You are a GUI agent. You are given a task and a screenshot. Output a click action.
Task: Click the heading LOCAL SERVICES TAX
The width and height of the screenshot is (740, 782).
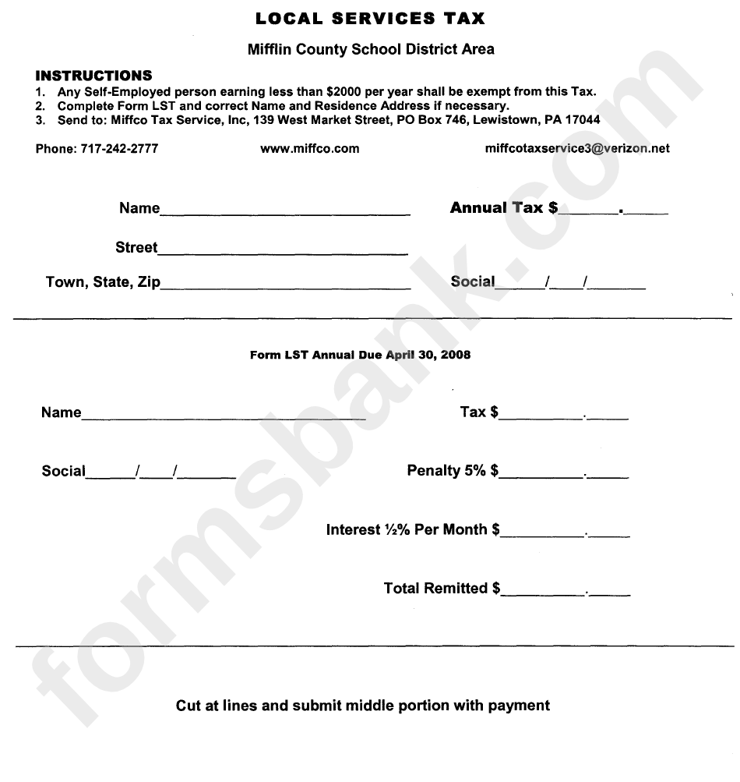click(x=370, y=17)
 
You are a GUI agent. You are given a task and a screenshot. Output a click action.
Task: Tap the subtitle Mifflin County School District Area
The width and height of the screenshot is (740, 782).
click(x=370, y=49)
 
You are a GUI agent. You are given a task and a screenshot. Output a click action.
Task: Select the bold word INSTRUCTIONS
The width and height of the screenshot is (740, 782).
click(x=93, y=76)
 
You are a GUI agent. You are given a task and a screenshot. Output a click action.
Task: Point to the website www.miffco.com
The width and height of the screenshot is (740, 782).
click(x=309, y=148)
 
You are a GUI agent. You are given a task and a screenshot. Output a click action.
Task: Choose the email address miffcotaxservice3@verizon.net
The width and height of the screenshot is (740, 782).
click(x=576, y=148)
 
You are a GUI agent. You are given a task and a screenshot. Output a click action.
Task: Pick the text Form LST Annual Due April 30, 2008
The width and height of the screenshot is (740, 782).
click(x=360, y=355)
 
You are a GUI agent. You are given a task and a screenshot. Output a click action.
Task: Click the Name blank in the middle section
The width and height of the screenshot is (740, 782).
click(x=224, y=414)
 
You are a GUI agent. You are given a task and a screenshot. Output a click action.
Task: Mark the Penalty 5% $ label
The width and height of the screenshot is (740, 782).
click(x=453, y=471)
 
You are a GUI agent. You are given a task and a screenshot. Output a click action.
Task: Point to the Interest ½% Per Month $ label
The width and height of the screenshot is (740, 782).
click(x=412, y=530)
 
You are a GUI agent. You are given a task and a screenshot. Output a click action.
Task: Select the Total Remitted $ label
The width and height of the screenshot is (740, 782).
click(x=442, y=589)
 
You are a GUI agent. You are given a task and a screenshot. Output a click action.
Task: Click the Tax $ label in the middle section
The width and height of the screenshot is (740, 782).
click(x=479, y=412)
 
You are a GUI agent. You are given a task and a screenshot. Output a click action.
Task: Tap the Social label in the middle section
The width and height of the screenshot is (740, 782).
click(x=63, y=471)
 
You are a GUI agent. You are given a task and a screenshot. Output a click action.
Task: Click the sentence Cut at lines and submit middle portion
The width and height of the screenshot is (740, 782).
click(x=362, y=706)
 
